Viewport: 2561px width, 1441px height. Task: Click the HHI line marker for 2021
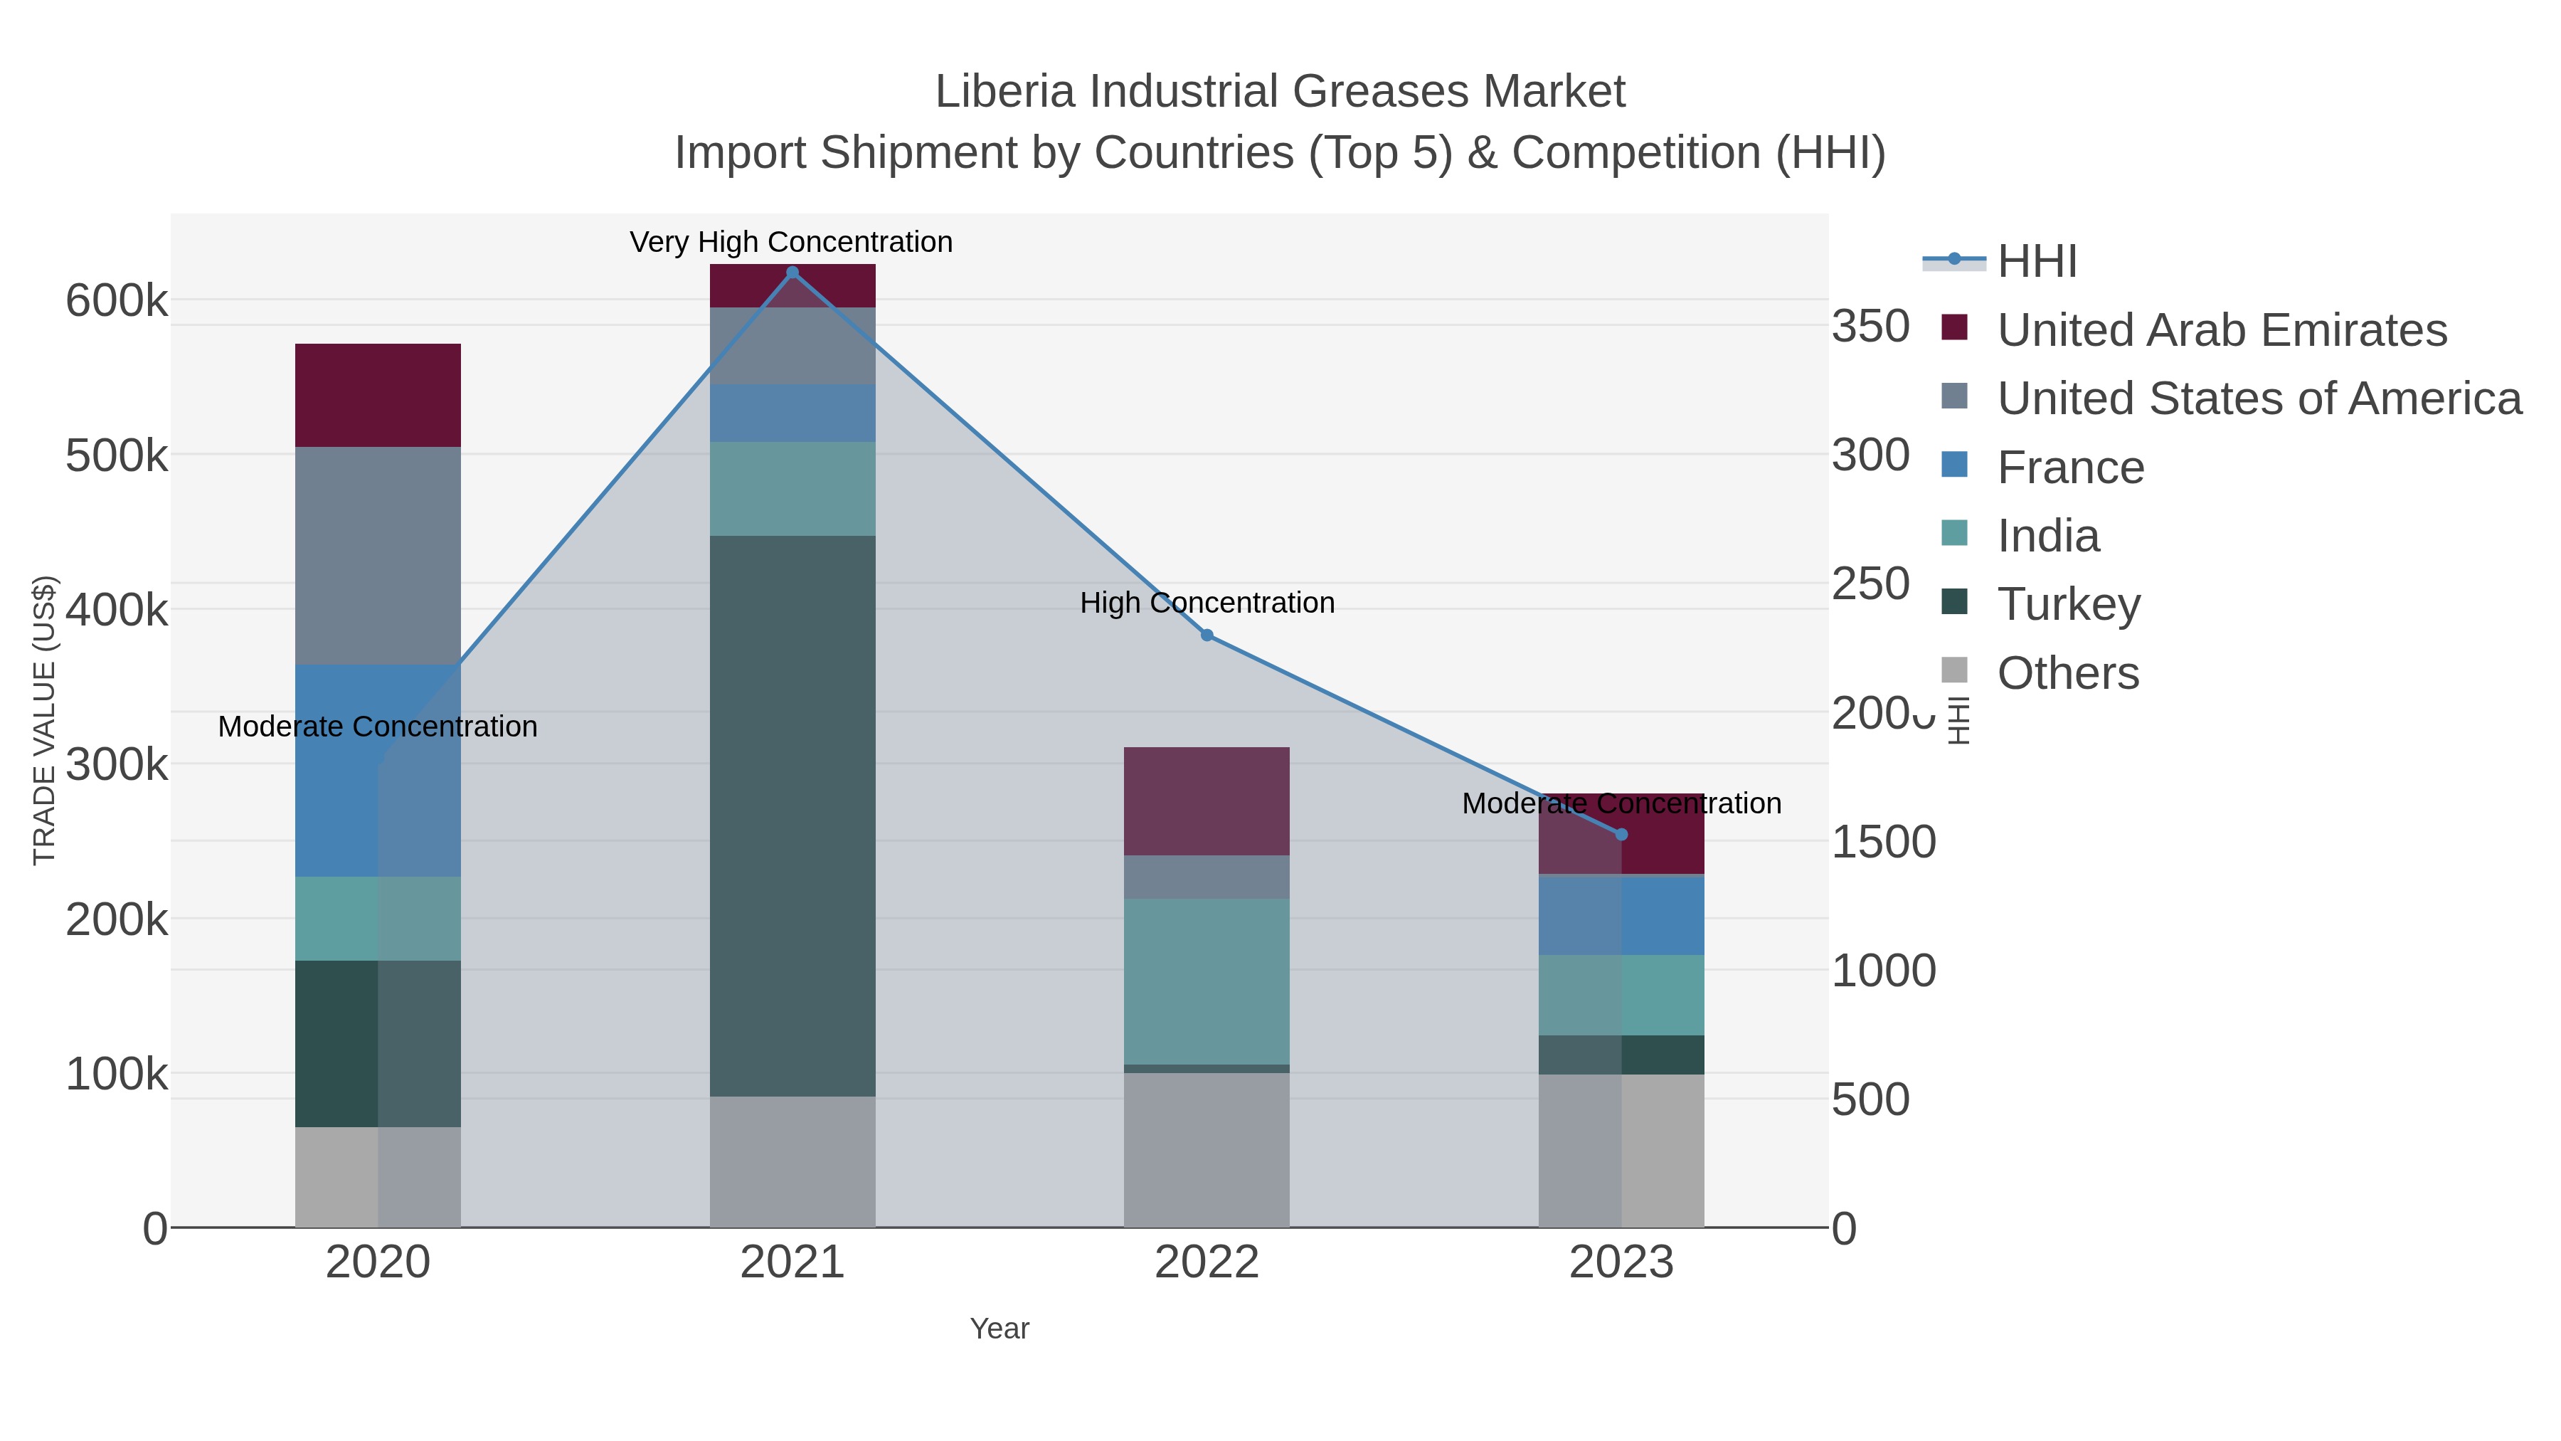coord(792,273)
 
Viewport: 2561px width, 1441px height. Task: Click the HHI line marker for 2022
coord(1207,635)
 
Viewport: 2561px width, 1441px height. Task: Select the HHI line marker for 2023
coord(1621,835)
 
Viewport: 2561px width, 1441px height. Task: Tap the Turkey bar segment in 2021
coord(792,815)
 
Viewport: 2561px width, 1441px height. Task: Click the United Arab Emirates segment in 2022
coord(1207,801)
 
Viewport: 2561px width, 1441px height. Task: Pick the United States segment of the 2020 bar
coord(378,555)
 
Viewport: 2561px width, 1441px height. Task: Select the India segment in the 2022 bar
coord(1207,981)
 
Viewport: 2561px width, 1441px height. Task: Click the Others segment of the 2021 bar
coord(792,1161)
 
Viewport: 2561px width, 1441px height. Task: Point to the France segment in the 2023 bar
coord(1621,915)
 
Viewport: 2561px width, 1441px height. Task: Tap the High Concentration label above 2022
coord(1207,603)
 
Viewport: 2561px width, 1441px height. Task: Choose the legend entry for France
coord(2070,468)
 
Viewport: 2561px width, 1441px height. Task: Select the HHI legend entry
coord(2036,262)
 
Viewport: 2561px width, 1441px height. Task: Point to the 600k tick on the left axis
coord(117,300)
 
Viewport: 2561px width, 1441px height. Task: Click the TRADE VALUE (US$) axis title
coord(45,720)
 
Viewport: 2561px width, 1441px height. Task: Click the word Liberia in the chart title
coord(1005,92)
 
